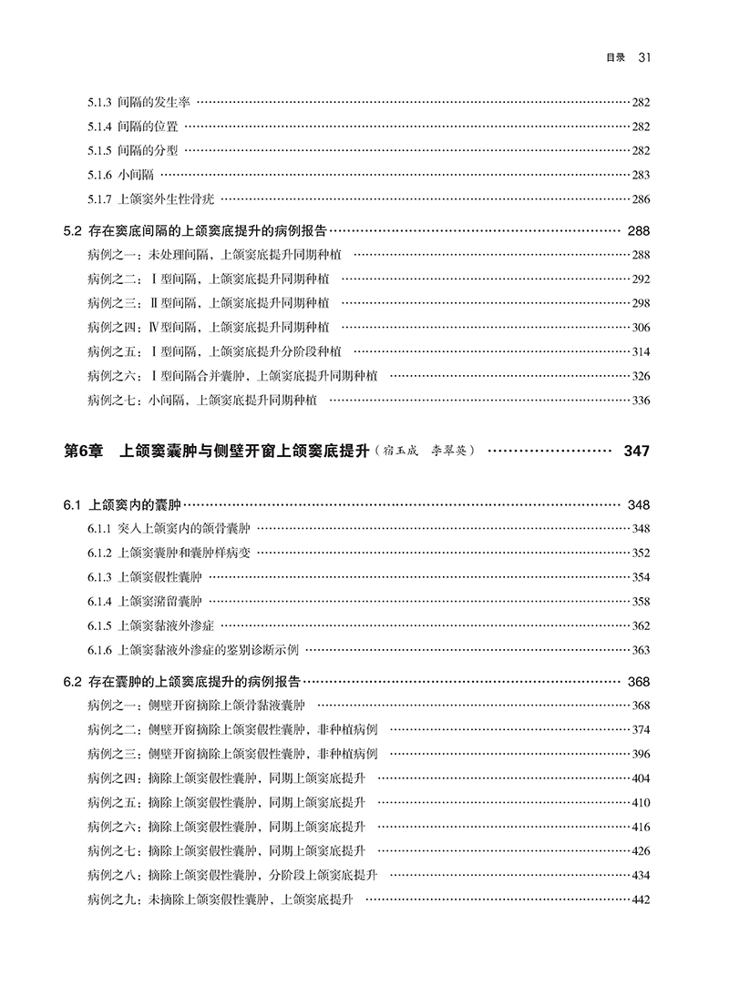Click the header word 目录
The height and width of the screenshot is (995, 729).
pos(615,59)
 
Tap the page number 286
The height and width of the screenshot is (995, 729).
pos(640,198)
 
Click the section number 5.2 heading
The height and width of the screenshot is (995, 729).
pos(73,231)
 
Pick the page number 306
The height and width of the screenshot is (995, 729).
pos(640,327)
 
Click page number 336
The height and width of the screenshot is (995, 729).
pos(640,400)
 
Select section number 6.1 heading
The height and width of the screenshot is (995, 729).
pos(73,504)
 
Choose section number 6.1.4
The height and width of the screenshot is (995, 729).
pos(99,601)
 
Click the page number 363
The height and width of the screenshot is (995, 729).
pos(640,649)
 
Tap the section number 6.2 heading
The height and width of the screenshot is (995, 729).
pos(73,681)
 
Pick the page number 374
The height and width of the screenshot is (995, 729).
pos(640,729)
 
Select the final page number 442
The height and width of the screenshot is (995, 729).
pos(640,899)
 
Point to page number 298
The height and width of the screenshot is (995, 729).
pos(640,303)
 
